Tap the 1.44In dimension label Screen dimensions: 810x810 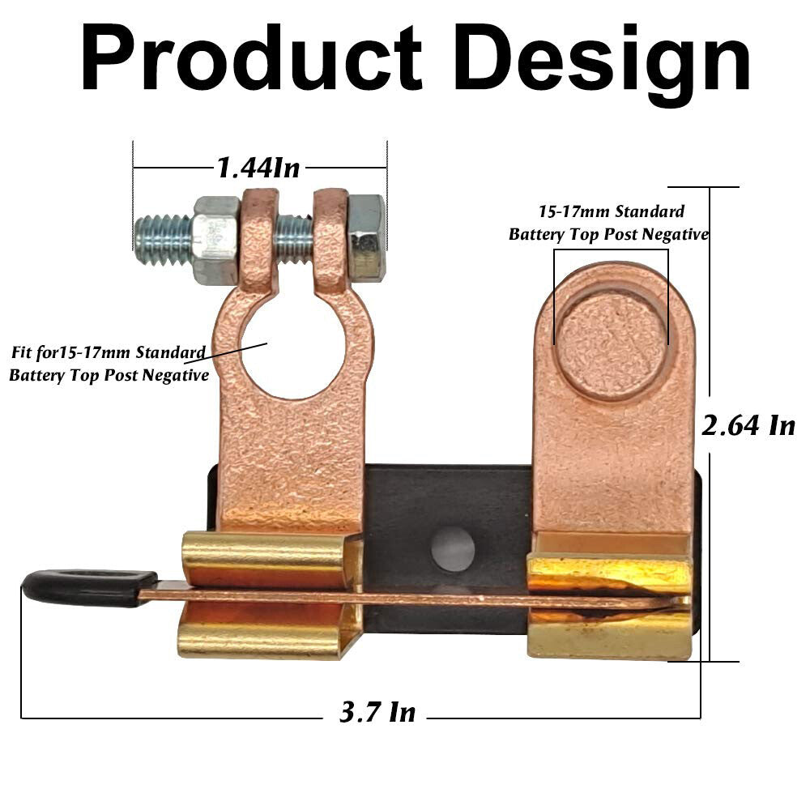(258, 168)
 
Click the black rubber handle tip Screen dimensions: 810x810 (77, 587)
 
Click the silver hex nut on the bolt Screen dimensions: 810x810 (215, 240)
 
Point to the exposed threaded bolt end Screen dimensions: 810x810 (163, 240)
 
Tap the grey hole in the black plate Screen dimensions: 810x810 (453, 548)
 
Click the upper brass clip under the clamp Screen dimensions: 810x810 (267, 559)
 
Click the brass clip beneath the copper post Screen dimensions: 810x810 (609, 603)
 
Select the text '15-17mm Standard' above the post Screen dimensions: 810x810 (612, 212)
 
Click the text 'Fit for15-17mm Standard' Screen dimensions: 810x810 (108, 353)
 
